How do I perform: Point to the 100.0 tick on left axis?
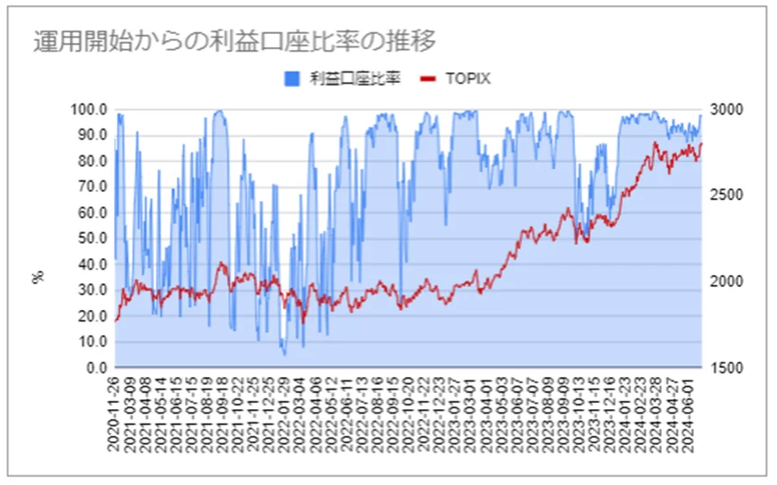89,109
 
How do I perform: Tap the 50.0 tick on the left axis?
93,238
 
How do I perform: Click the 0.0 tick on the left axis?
96,367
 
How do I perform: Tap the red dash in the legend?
428,79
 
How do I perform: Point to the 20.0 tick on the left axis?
93,316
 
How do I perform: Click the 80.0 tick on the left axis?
93,161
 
